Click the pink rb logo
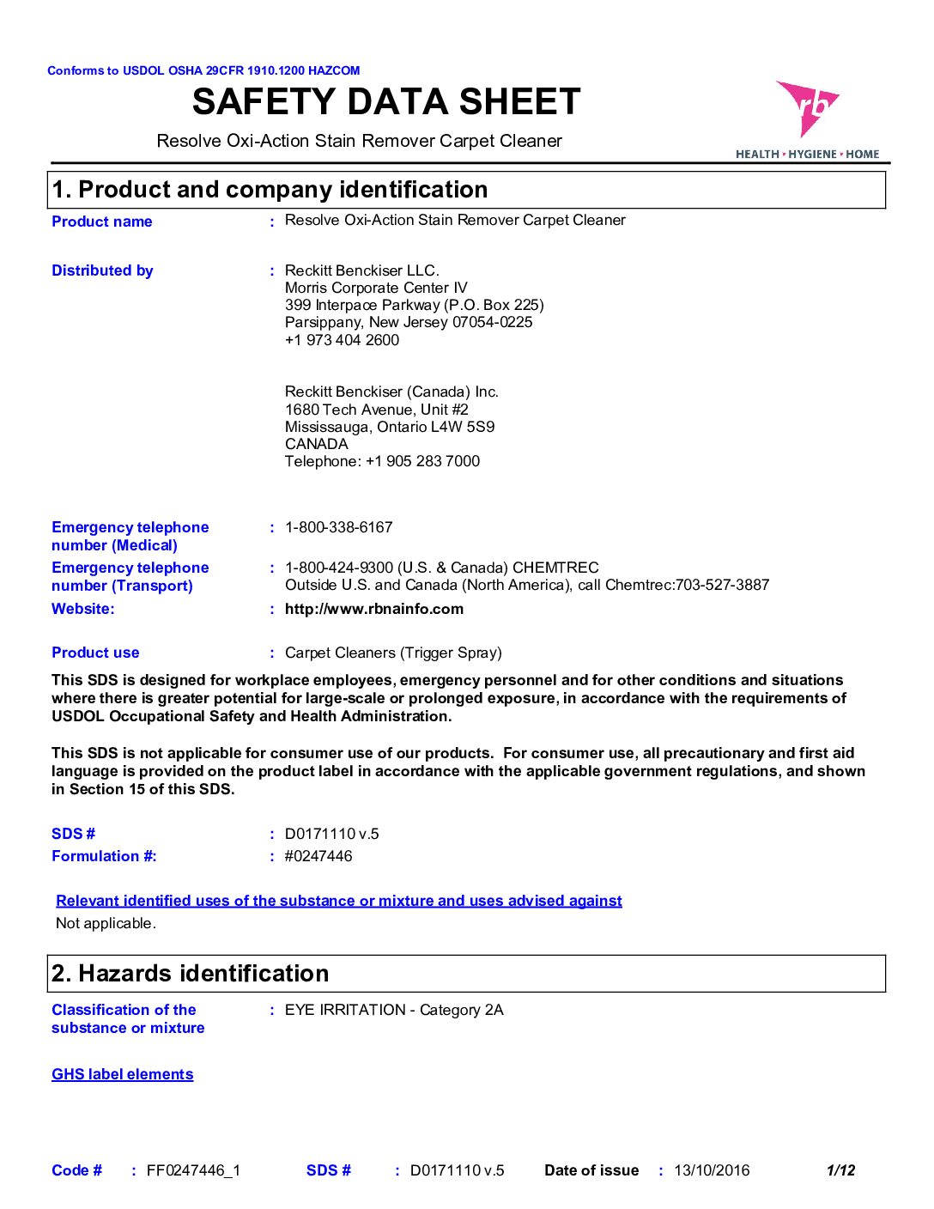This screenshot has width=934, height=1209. (807, 108)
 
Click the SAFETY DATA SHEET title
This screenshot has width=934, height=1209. (386, 102)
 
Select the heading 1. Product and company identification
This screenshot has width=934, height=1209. (270, 190)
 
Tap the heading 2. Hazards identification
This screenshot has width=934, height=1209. (191, 974)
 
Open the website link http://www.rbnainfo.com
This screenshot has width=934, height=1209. (374, 609)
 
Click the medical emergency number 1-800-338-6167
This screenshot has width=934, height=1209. (338, 527)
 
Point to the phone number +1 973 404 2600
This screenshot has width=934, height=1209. (342, 340)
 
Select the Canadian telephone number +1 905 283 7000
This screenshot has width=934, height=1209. (422, 461)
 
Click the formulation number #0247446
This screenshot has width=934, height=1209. (318, 856)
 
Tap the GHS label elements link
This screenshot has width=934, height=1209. (123, 1074)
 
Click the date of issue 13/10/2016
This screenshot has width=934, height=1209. (712, 1170)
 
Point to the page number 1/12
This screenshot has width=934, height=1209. (840, 1170)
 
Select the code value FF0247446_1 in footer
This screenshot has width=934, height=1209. (193, 1170)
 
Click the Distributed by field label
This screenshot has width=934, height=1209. (102, 270)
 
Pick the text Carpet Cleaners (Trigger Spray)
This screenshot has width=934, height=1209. (393, 653)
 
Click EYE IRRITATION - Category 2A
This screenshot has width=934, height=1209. (394, 1010)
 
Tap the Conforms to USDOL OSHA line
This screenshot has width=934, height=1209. (203, 70)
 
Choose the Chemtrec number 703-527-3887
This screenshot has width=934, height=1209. (722, 585)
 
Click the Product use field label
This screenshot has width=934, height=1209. (95, 653)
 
